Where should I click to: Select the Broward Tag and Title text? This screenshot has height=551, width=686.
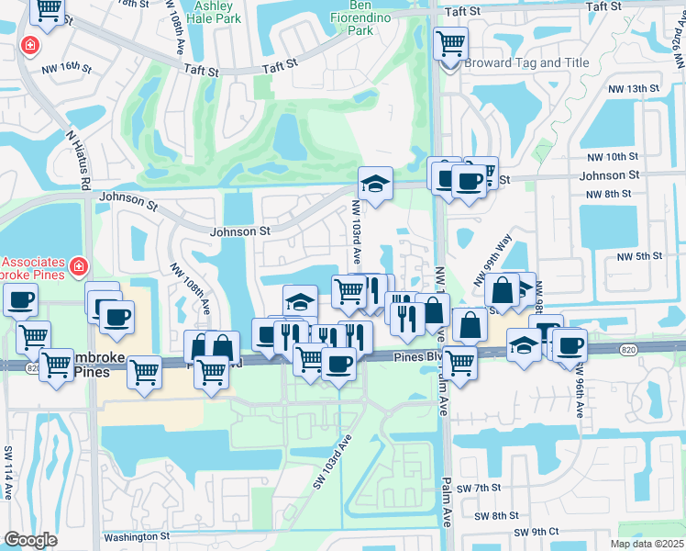pyautogui.click(x=513, y=63)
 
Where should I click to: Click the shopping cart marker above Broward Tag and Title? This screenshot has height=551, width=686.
pyautogui.click(x=450, y=43)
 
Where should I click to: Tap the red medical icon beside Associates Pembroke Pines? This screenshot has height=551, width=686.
pyautogui.click(x=80, y=265)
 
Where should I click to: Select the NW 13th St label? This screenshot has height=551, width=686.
pyautogui.click(x=634, y=89)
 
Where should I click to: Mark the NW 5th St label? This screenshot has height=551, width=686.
pyautogui.click(x=639, y=256)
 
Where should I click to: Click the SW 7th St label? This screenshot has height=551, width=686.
pyautogui.click(x=480, y=487)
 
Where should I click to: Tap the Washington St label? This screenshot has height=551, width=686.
pyautogui.click(x=137, y=536)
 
